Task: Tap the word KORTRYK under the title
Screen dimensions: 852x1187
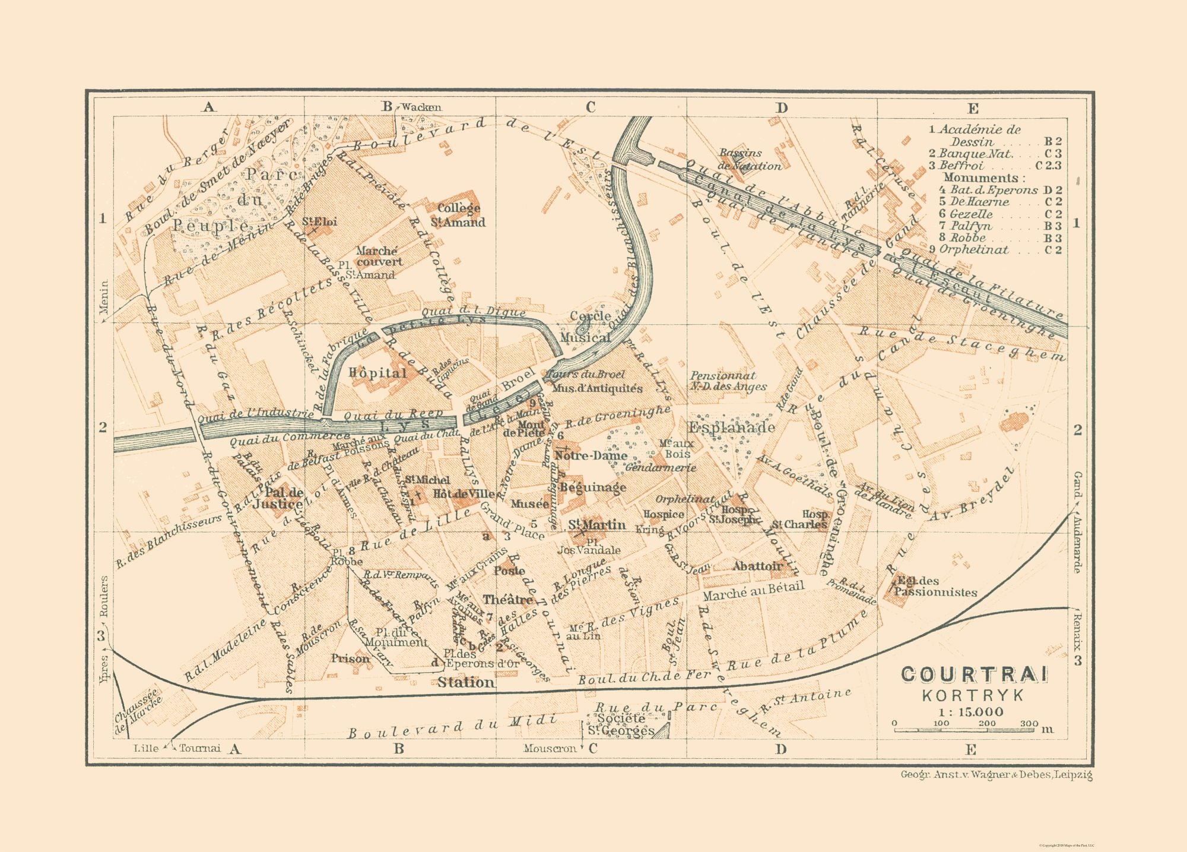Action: pos(974,695)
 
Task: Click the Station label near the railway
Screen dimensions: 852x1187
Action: pos(466,683)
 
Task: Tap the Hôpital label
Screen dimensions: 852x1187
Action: pos(377,373)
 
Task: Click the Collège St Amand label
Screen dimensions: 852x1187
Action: pos(458,216)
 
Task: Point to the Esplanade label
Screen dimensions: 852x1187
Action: pos(731,427)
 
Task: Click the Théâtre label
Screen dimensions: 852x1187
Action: pos(507,599)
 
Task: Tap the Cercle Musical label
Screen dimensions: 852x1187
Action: pos(590,327)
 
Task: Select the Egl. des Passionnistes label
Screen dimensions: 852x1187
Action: pos(935,587)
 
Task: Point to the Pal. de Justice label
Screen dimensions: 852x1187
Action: pos(278,498)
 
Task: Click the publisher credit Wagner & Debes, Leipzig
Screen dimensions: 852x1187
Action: pos(996,775)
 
